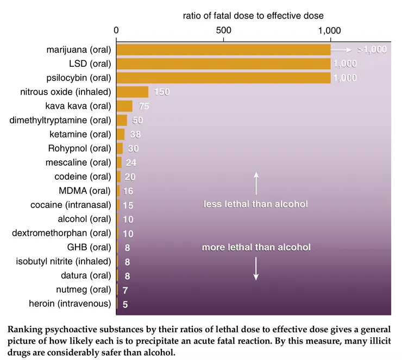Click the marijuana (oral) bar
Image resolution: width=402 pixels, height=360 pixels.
point(223,50)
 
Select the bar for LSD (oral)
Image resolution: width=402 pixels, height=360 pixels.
point(223,64)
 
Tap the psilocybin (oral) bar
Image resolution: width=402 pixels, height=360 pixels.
point(223,78)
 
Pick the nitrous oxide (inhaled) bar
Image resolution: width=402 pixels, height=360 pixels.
point(133,92)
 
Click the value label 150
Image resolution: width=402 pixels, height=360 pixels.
point(162,92)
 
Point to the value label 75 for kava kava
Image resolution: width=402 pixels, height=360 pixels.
point(144,106)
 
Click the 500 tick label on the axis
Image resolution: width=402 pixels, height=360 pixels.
point(223,30)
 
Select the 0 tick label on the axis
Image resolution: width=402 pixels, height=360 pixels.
point(116,30)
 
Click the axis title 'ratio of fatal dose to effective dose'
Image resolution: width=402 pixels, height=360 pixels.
point(253,16)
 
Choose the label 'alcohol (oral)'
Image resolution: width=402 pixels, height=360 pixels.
point(84,219)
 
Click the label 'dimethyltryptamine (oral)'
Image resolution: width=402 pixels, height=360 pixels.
point(60,120)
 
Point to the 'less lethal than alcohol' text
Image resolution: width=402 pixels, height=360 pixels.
point(256,204)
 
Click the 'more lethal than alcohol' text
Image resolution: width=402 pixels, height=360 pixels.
point(256,247)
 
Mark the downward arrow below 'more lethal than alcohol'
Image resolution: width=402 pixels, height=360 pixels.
point(256,269)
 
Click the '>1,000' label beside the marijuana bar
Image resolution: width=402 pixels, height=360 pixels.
point(372,50)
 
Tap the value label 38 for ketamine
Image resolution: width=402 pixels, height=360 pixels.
point(135,134)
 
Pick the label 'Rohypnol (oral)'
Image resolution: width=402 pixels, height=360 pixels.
point(79,148)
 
